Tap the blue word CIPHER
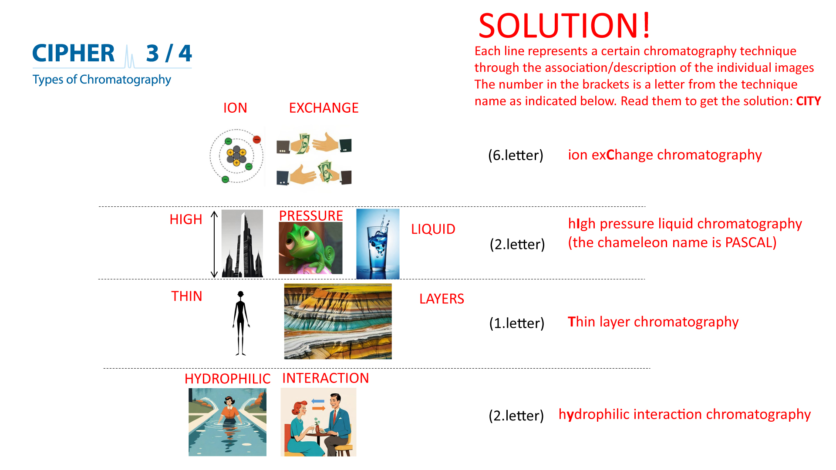[x=74, y=53]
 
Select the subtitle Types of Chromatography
[x=101, y=80]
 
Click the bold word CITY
[x=809, y=101]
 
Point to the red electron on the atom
[x=257, y=139]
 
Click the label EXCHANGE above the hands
[x=324, y=108]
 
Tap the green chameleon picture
[x=310, y=248]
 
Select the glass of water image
[x=378, y=244]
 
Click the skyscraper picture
[x=243, y=244]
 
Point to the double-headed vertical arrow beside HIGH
[x=214, y=244]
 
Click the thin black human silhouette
[x=241, y=323]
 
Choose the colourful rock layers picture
[x=338, y=322]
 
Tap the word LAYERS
[x=442, y=299]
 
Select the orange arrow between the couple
[x=319, y=408]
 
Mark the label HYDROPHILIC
[x=227, y=379]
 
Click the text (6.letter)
[x=516, y=155]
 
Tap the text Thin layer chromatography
[x=653, y=322]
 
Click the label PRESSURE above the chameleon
[x=311, y=216]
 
